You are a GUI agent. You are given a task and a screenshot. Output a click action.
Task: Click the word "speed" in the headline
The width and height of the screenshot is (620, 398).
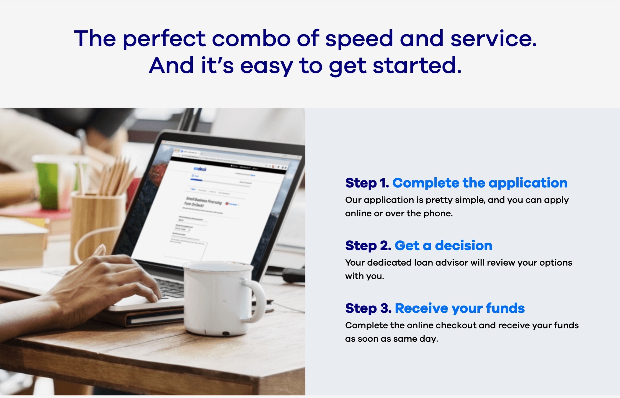coord(359,39)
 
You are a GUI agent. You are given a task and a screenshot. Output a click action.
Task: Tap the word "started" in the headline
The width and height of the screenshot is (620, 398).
coord(417,65)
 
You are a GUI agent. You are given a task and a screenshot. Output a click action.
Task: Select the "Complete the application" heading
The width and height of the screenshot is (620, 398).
coord(480,183)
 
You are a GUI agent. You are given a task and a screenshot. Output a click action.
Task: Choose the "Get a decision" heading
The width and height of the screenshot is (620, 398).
coord(443,246)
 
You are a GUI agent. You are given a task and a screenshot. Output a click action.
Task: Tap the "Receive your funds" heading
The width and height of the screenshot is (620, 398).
coord(460,308)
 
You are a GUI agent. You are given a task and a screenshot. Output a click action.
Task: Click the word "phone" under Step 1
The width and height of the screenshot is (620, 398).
coord(438,213)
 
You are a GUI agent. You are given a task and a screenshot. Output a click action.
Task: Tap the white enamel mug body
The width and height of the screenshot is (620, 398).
coord(216,298)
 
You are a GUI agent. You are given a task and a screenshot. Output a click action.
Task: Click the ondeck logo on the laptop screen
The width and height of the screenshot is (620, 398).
coord(200,169)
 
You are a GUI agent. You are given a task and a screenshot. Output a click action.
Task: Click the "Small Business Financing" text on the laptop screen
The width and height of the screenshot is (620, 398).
coord(204,201)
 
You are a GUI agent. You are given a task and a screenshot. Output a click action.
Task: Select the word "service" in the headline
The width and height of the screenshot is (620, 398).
coord(493,39)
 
